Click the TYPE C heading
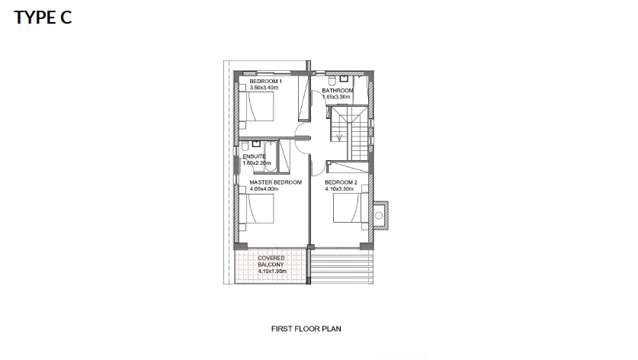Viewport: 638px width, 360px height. (x=43, y=18)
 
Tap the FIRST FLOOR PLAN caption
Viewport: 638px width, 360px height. (x=306, y=329)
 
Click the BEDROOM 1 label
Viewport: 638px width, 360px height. (x=266, y=82)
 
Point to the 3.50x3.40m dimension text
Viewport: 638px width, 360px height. (x=264, y=88)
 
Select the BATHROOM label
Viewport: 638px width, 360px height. (x=338, y=91)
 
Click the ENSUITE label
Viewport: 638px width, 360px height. (x=255, y=156)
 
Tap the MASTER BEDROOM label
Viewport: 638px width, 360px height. (x=275, y=182)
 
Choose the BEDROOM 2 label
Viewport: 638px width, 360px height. (x=341, y=182)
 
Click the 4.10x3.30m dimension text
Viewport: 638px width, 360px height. (x=339, y=189)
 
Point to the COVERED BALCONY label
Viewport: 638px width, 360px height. (x=271, y=262)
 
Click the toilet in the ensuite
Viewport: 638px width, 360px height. (x=245, y=146)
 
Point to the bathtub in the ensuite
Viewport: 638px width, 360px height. (x=271, y=157)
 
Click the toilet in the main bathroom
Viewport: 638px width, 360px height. (x=332, y=79)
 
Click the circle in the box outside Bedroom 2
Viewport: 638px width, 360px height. (x=378, y=216)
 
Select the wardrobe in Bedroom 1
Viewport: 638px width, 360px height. (x=303, y=98)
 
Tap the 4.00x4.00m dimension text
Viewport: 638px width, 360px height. (x=264, y=189)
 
